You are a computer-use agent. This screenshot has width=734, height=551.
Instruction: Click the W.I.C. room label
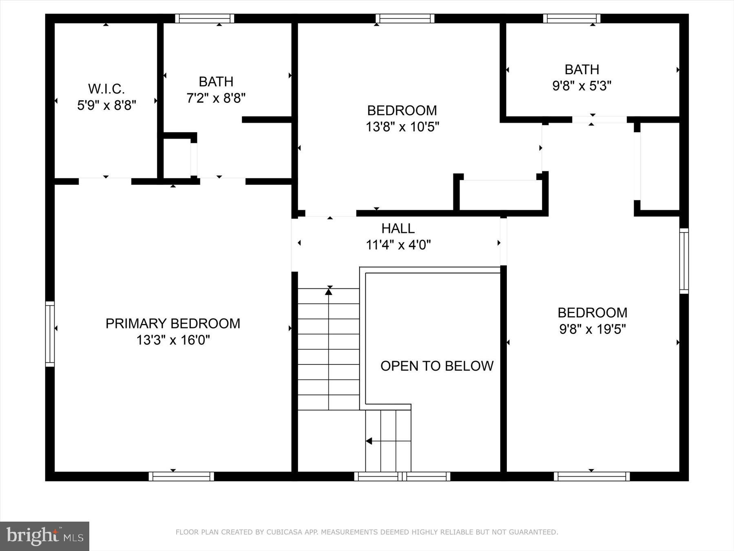pos(106,89)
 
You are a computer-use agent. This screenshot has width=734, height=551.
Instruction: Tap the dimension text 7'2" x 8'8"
pos(216,98)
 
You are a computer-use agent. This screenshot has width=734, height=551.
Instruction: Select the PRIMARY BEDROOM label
pos(173,323)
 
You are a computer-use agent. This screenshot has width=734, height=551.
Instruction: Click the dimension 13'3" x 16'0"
pos(173,340)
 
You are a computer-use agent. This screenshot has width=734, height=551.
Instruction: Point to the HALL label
pos(398,228)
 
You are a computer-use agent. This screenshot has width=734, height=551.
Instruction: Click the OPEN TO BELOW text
pos(437,366)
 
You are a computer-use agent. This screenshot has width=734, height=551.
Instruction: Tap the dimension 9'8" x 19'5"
pos(592,329)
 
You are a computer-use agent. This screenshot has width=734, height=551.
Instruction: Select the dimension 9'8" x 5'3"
pos(581,86)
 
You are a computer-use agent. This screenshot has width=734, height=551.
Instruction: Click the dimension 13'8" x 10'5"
pos(402,127)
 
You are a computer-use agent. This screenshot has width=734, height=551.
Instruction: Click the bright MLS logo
pos(44,535)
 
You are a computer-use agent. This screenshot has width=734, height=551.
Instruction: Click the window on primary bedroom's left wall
pos(50,334)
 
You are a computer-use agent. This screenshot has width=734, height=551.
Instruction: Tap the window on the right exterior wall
pos(684,261)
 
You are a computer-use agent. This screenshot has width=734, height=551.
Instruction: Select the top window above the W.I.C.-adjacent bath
pos(205,18)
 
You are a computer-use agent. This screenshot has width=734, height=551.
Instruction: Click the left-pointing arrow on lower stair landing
pos(369,441)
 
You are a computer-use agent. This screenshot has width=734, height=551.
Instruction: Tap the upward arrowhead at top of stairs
pos(329,291)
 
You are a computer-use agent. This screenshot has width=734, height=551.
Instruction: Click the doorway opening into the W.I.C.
pos(105,181)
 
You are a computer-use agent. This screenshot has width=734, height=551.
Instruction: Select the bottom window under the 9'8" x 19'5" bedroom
pos(591,476)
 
